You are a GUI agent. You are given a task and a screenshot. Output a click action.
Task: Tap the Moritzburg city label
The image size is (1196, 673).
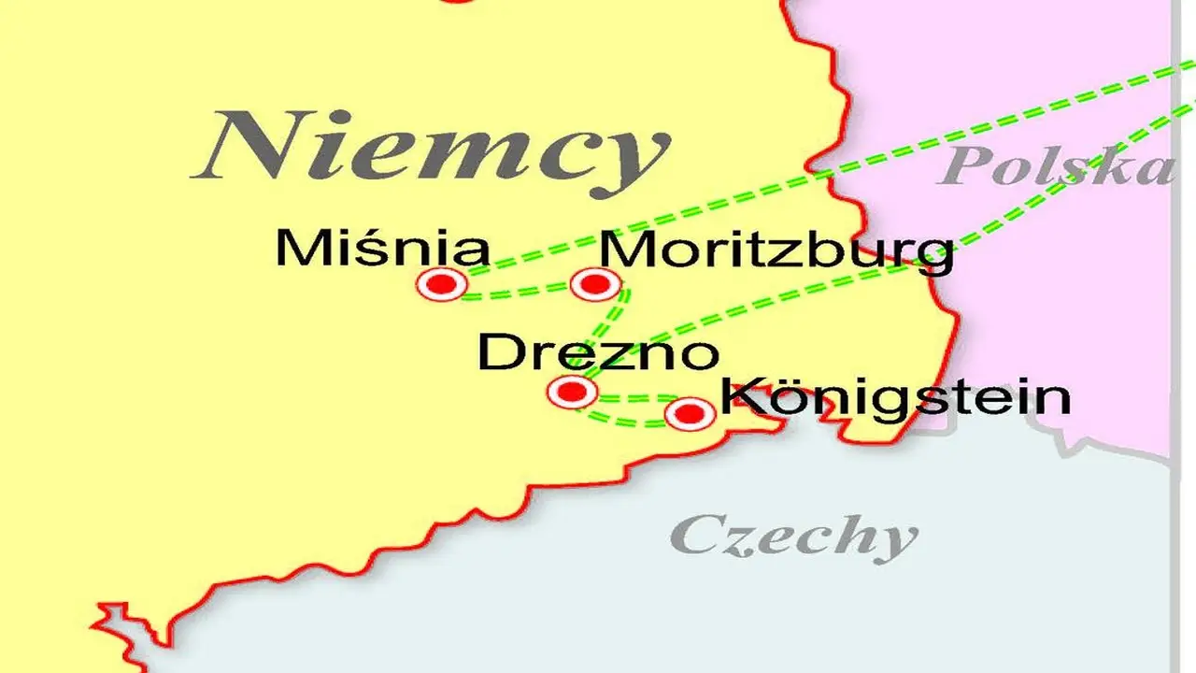[776, 251]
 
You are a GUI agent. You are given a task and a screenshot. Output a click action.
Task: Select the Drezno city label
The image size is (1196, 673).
[599, 354]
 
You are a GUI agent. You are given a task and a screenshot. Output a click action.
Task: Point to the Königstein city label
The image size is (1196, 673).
[895, 397]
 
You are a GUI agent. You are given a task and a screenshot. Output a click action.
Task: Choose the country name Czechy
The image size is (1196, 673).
[793, 537]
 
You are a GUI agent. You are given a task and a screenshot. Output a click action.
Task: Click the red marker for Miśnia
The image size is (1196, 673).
[443, 283]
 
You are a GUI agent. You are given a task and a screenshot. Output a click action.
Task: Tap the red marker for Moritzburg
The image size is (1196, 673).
[594, 283]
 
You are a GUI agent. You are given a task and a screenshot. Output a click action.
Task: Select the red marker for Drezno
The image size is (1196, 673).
[572, 391]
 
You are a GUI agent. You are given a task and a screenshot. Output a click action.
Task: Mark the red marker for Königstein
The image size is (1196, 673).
[690, 413]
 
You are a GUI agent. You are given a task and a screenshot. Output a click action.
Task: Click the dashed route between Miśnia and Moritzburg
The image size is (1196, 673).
[519, 294]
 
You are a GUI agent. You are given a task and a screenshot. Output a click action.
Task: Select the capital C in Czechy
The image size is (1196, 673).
[696, 536]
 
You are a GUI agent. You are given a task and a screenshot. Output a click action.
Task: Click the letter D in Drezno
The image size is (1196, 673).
[498, 354]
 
